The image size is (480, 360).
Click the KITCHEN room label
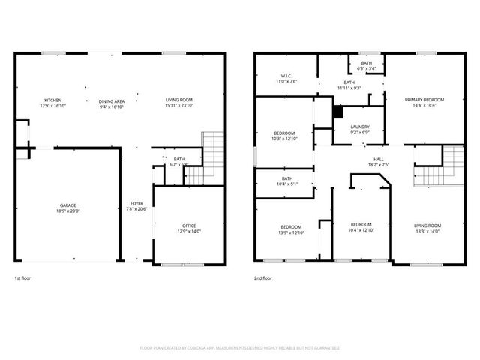52,100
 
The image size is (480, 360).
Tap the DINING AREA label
111,100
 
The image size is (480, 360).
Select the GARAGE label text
68,205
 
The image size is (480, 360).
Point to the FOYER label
136,204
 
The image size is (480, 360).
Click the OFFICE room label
189,226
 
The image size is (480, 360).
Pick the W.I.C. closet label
286,76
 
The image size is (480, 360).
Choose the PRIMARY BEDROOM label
424,100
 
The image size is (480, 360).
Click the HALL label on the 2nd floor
379,159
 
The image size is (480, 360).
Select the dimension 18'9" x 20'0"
68,211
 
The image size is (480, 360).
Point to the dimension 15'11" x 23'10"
179,106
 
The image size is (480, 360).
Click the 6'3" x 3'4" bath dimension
367,68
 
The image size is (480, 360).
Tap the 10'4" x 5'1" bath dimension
287,184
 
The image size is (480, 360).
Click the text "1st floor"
23,279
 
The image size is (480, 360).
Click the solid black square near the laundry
337,112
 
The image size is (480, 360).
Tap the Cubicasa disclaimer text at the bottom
240,348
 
